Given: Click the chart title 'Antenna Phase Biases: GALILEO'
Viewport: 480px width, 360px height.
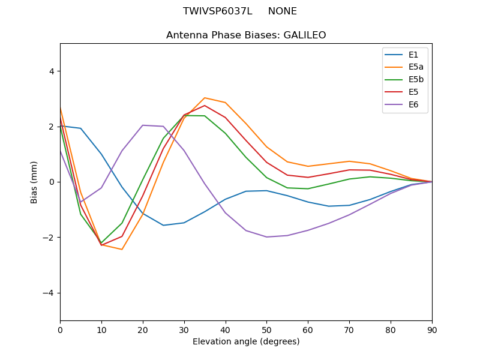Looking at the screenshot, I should click(x=246, y=35).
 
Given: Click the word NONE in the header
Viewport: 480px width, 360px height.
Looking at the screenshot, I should click(x=282, y=11).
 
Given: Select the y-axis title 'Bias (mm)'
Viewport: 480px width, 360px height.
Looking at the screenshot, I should click(x=35, y=182).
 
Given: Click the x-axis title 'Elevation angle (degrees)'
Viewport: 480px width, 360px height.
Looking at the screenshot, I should click(x=246, y=341).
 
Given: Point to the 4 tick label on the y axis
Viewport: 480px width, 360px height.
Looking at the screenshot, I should click(x=51, y=71).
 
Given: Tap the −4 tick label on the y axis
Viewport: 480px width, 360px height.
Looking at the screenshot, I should click(x=49, y=293).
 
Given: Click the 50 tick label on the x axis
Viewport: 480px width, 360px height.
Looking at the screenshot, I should click(x=266, y=329).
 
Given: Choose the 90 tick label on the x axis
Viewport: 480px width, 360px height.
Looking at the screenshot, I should click(x=431, y=329).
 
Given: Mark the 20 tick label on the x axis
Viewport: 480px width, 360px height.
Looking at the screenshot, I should click(x=143, y=329).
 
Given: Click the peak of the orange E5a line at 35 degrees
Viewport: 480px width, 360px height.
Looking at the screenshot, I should click(x=205, y=98).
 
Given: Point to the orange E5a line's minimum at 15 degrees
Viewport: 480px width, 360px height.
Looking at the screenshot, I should click(x=122, y=249).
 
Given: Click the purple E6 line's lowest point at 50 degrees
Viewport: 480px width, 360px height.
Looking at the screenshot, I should click(x=266, y=237).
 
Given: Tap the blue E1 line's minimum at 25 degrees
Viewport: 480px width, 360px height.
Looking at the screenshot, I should click(x=163, y=225).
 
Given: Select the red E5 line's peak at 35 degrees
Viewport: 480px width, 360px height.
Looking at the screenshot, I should click(x=205, y=106).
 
